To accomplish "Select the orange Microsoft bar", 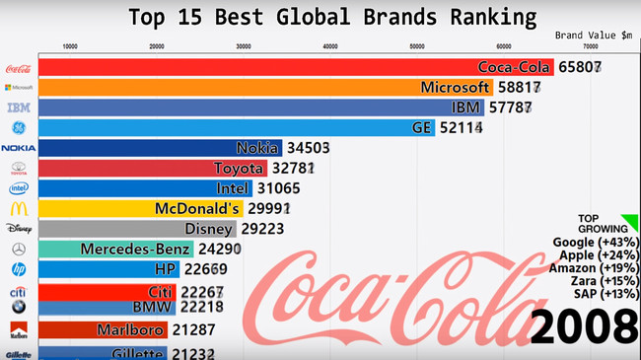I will pos(227,87).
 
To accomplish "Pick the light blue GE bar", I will pos(217,127).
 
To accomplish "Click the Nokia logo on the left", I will pos(19,148).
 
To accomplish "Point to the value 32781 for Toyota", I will pos(306,168).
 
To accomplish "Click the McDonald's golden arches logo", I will pos(19,208).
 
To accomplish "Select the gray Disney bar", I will pos(118,229).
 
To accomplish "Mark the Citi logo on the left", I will pos(18,292).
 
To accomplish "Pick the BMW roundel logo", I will pos(18,307).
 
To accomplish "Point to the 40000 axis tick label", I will pos(330,46).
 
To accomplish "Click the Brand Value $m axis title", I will pos(593,35).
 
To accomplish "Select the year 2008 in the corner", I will pos(583,326).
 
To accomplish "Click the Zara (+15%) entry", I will pos(602,280).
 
